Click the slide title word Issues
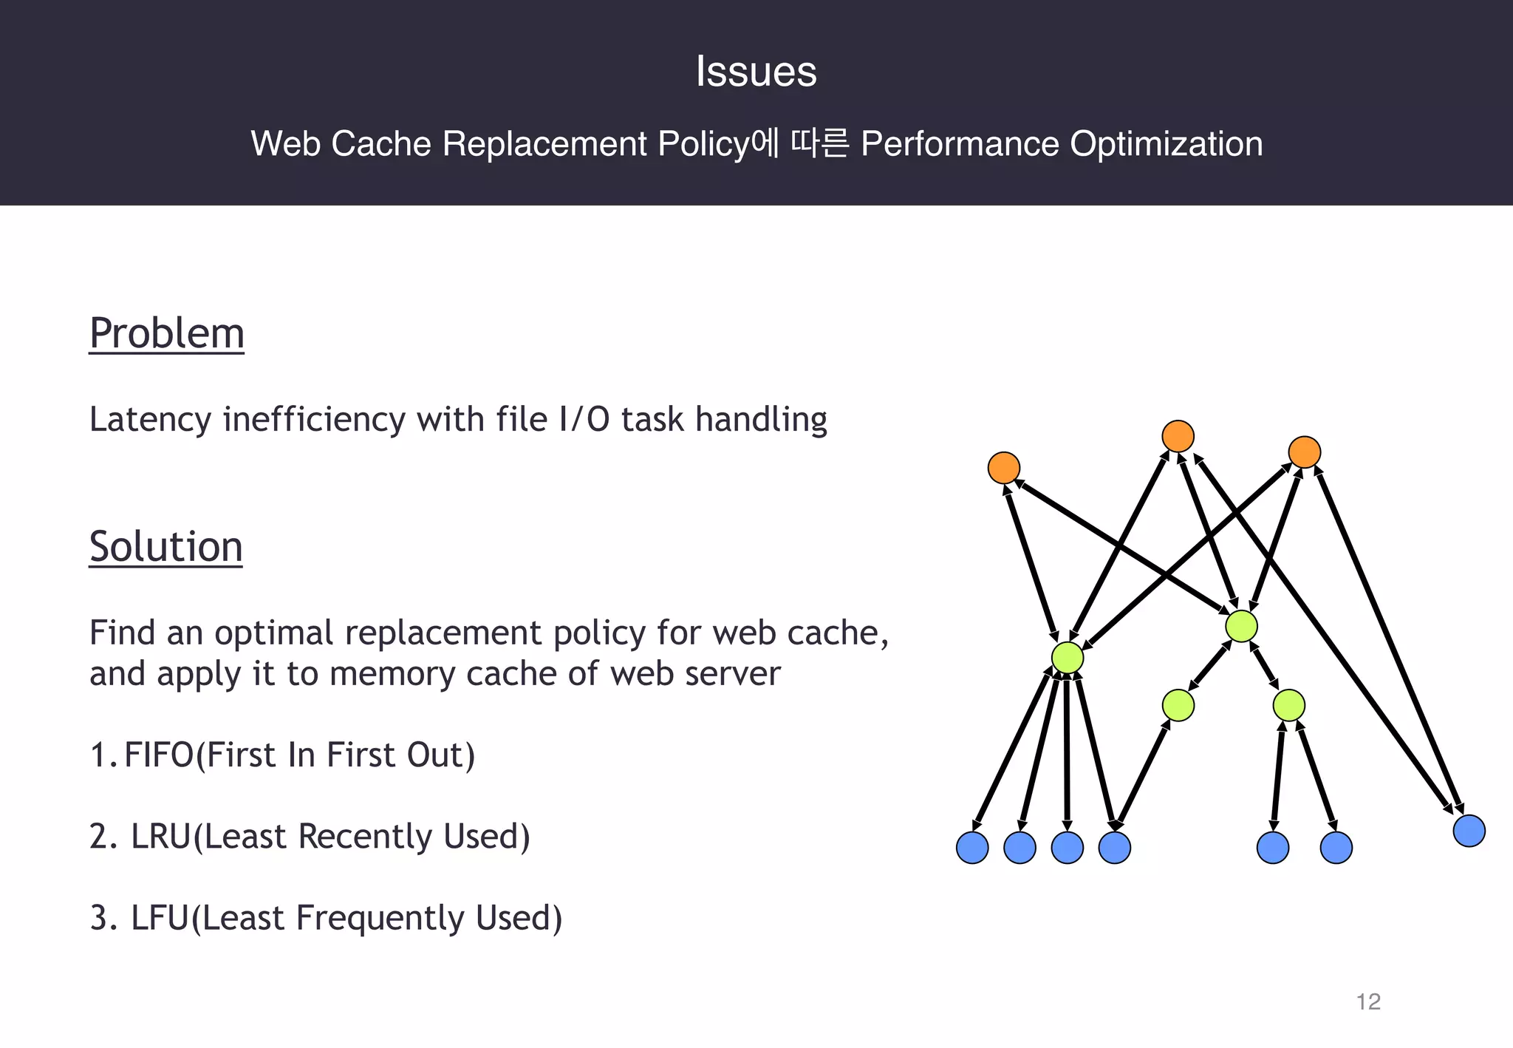(x=756, y=72)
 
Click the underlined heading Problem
(x=166, y=333)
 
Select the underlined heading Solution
(x=165, y=547)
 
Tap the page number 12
(x=1368, y=1001)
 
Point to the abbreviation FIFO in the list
(x=159, y=755)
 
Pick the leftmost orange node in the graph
(x=1004, y=468)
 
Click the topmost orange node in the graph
(x=1178, y=436)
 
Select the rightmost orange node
(x=1304, y=452)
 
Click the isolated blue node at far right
(x=1469, y=831)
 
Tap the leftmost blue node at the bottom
(x=972, y=847)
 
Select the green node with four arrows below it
(x=1067, y=658)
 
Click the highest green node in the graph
(x=1241, y=626)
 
